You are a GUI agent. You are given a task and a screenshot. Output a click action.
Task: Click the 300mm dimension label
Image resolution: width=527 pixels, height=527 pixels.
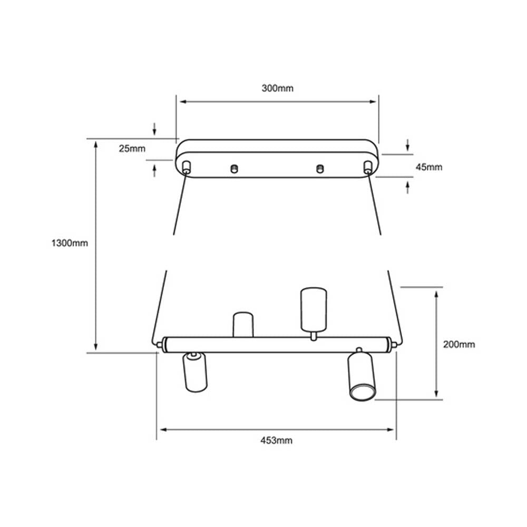coord(277,89)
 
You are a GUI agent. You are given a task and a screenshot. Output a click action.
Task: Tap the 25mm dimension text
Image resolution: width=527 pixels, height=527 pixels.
coord(132,149)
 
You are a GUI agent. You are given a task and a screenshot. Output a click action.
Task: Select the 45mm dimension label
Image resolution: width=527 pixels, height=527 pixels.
coord(428,168)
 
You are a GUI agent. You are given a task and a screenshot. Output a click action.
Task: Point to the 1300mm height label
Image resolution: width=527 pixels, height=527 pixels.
coord(70,243)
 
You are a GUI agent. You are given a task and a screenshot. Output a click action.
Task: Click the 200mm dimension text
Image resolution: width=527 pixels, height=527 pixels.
coord(458,345)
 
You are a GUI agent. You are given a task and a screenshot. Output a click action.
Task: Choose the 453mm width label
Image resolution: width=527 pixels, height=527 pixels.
coord(276,441)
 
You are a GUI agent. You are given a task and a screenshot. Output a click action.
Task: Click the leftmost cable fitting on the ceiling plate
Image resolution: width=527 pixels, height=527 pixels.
coord(186,168)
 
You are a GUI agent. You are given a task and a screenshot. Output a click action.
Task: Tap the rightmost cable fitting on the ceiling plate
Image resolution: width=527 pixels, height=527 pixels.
coord(367,168)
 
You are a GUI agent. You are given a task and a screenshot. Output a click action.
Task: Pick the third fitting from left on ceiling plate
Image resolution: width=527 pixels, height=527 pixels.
coord(319,169)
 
